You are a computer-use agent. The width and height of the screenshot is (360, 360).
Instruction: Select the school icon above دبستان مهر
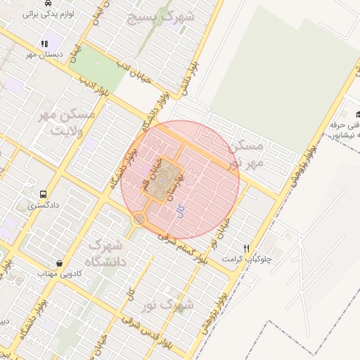(x=46, y=44)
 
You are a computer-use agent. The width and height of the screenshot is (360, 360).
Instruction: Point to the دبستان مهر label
(x=45, y=54)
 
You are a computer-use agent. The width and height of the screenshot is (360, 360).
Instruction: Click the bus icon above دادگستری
(x=44, y=194)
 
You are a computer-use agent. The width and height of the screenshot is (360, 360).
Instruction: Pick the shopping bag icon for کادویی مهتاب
(x=61, y=263)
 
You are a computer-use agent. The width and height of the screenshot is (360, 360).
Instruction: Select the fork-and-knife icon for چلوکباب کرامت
(x=246, y=248)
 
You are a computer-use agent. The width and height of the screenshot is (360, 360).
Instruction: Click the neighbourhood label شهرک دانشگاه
(x=106, y=255)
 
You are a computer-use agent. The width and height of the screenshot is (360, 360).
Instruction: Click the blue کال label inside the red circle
(x=180, y=211)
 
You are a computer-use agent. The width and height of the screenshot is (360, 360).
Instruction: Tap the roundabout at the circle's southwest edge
(x=139, y=219)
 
